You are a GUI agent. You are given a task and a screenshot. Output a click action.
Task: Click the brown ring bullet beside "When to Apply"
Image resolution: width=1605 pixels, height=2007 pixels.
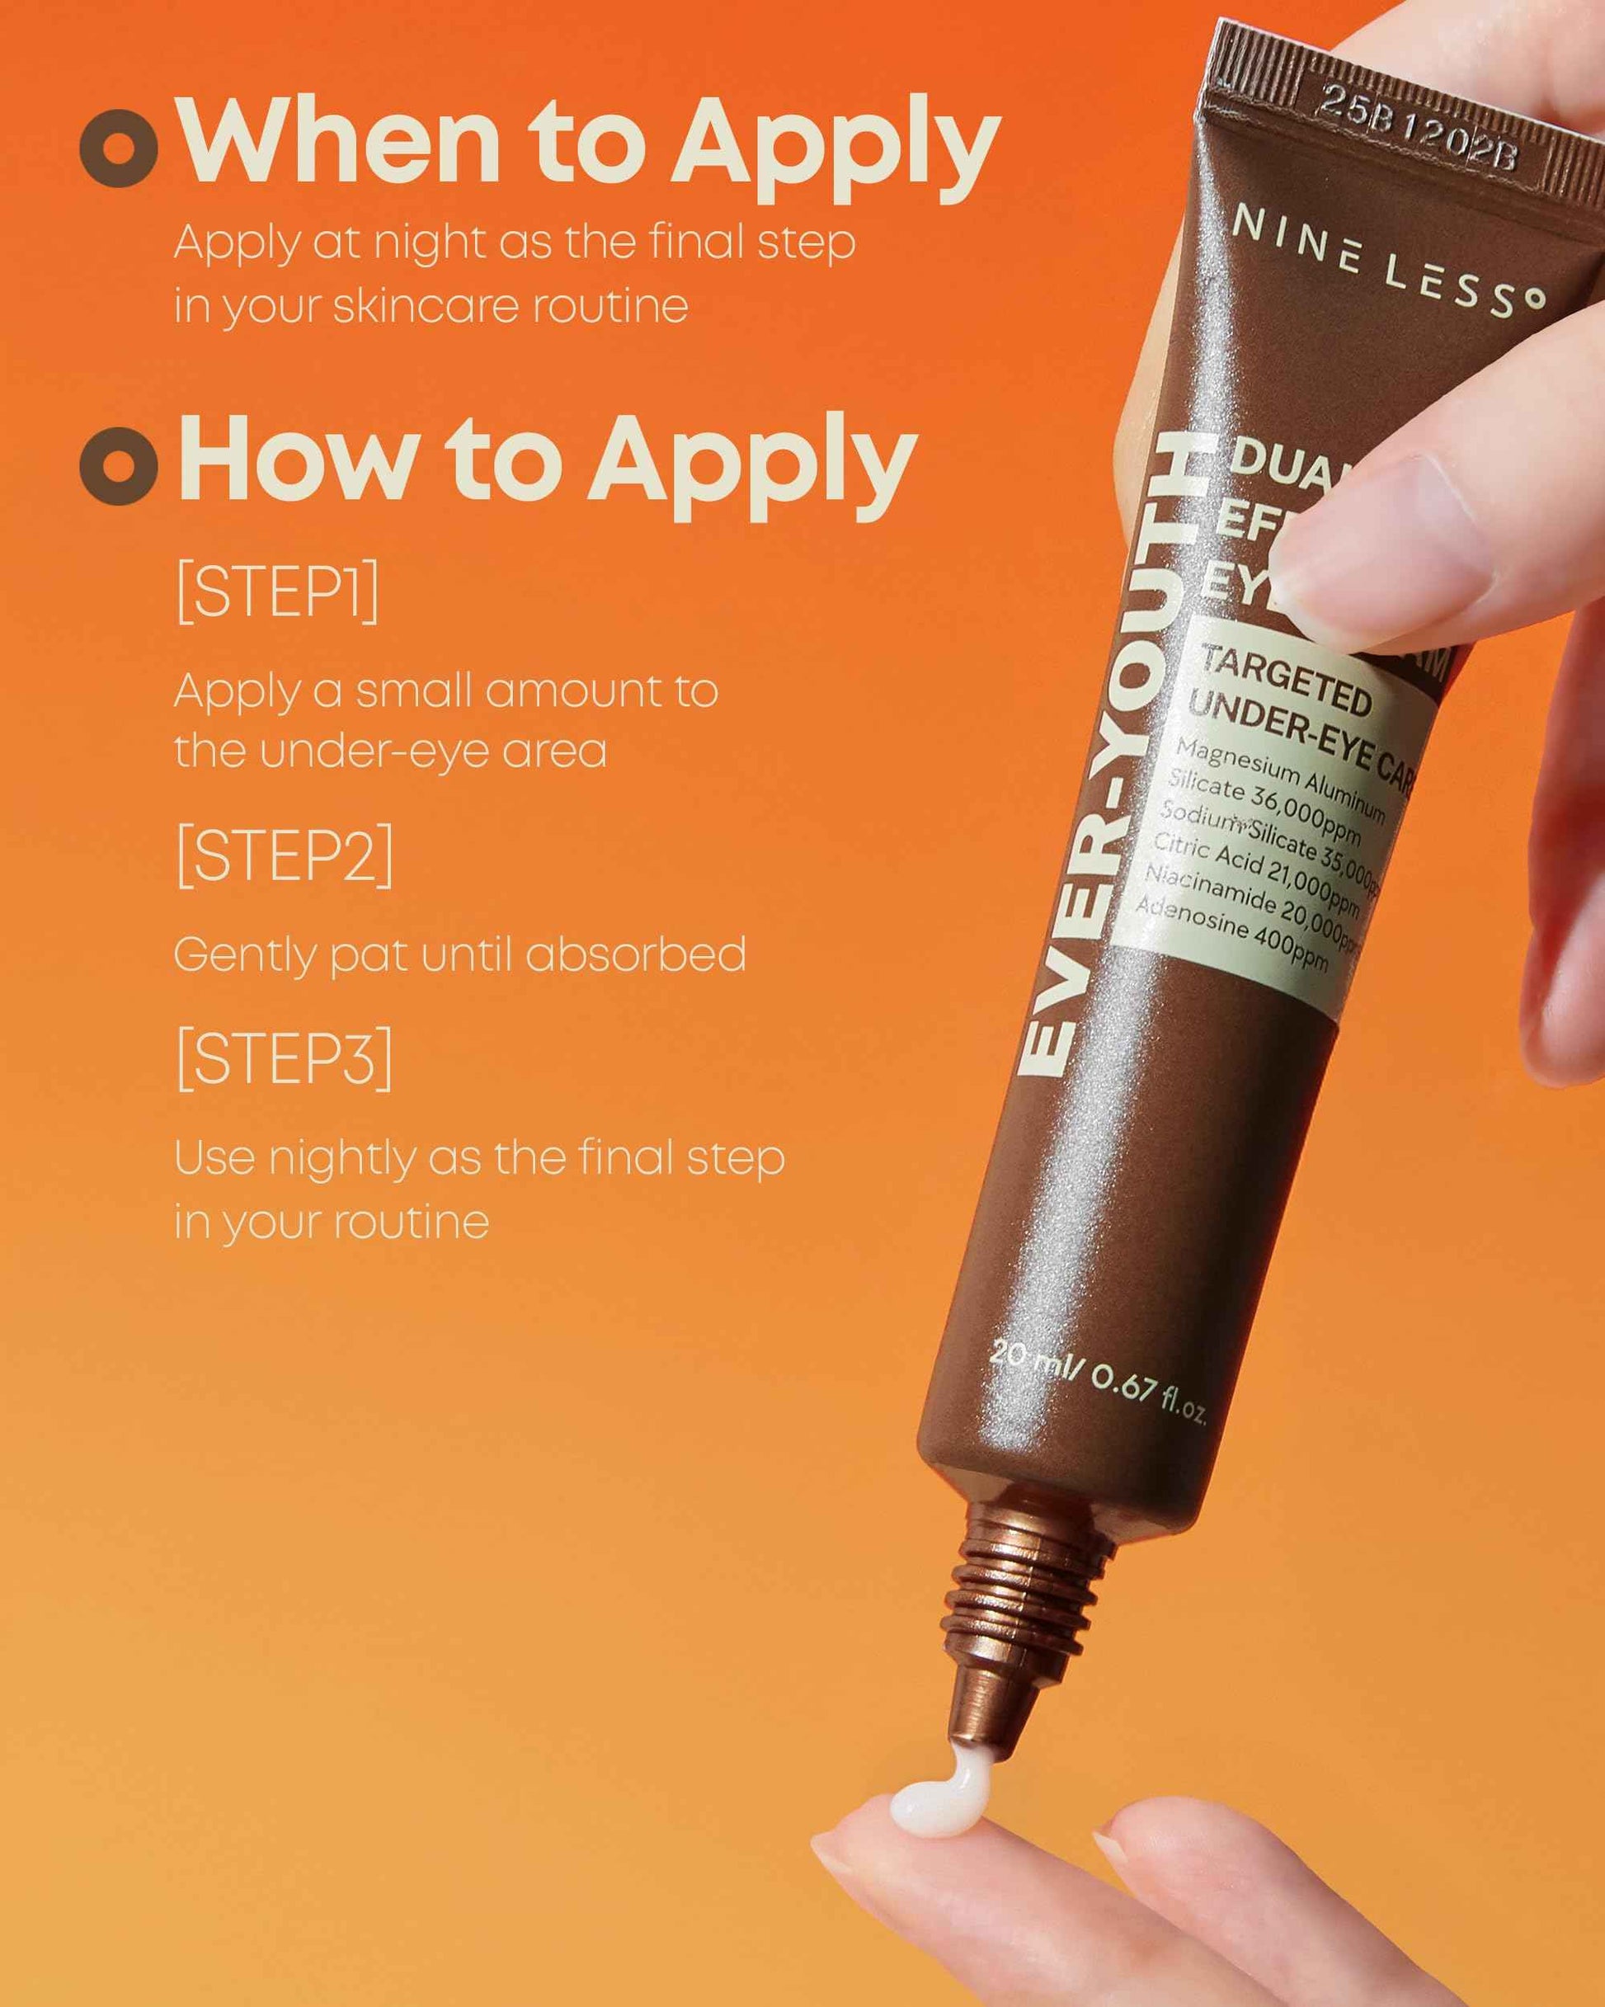click(x=118, y=147)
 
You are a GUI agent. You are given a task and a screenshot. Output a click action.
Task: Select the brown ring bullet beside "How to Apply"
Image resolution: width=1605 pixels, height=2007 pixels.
click(x=118, y=464)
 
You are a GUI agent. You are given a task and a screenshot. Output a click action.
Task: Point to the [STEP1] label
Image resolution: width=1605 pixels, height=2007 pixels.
click(x=277, y=592)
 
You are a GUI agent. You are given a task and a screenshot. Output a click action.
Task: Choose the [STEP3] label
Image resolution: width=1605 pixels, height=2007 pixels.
click(x=284, y=1058)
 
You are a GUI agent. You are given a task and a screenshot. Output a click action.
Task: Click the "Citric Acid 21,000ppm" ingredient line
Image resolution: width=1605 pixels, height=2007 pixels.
click(x=1257, y=875)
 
